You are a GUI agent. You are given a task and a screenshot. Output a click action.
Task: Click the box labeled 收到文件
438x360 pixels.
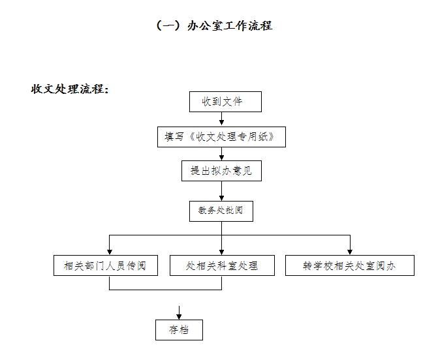pyautogui.click(x=225, y=102)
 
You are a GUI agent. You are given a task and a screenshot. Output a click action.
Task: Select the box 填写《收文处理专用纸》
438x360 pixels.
pyautogui.click(x=221, y=137)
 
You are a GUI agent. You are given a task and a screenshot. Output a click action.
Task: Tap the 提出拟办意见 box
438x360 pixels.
pyautogui.click(x=221, y=171)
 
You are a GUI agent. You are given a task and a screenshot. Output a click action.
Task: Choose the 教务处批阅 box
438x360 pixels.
pyautogui.click(x=221, y=211)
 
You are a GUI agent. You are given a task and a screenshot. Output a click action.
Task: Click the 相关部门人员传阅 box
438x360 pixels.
pyautogui.click(x=106, y=265)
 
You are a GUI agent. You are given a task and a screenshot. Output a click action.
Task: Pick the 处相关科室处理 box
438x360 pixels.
pyautogui.click(x=222, y=265)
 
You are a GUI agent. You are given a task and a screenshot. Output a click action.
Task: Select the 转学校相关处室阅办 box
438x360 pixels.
pyautogui.click(x=350, y=265)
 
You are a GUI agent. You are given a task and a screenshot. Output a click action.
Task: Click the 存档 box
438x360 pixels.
pyautogui.click(x=179, y=330)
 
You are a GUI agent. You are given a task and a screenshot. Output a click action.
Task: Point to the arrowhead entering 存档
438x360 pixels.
pyautogui.click(x=179, y=317)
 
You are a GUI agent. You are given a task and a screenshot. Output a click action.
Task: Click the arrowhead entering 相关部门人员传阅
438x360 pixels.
pyautogui.click(x=110, y=252)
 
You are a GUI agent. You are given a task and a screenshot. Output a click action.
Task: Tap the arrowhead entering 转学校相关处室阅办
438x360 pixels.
pyautogui.click(x=350, y=252)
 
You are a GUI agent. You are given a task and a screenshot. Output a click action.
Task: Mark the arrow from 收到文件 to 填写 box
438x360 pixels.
pyautogui.click(x=221, y=119)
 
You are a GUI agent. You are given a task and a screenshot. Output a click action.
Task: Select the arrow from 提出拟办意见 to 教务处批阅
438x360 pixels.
pyautogui.click(x=221, y=191)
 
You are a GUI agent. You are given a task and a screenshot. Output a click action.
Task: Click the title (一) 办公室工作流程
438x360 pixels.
pyautogui.click(x=214, y=25)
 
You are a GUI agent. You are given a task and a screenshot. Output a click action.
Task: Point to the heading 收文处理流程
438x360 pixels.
pyautogui.click(x=70, y=89)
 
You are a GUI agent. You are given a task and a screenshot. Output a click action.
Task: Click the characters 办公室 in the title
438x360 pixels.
pyautogui.click(x=205, y=25)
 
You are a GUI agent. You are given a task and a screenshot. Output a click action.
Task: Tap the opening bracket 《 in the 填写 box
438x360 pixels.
pyautogui.click(x=192, y=137)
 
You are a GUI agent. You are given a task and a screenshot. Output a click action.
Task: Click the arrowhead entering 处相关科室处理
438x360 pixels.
pyautogui.click(x=221, y=252)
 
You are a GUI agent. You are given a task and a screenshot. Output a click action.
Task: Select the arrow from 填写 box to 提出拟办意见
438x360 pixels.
pyautogui.click(x=221, y=154)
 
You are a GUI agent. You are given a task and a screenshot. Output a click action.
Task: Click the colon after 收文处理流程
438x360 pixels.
pyautogui.click(x=106, y=90)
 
